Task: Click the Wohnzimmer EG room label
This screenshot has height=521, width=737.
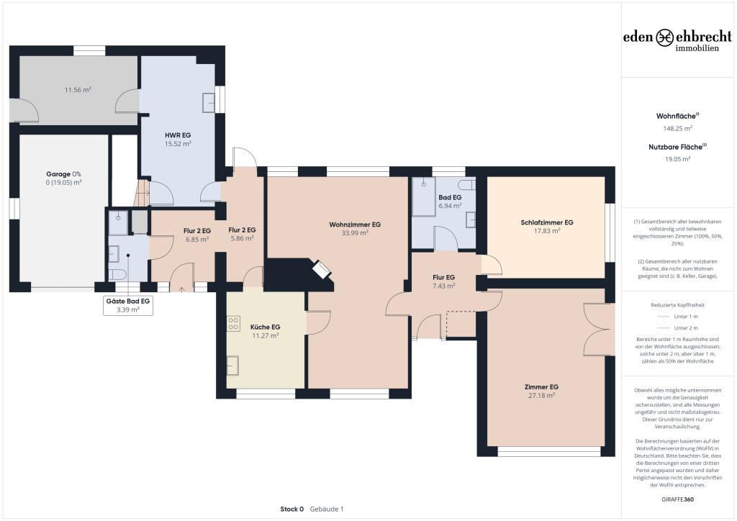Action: point(355,225)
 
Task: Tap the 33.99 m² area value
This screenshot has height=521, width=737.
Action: point(355,233)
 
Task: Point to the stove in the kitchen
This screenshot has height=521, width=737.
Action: point(233,325)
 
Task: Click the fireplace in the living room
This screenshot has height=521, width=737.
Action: point(321,271)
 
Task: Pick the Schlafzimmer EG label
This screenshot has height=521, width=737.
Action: point(547,222)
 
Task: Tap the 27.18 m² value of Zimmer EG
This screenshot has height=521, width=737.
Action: point(541,396)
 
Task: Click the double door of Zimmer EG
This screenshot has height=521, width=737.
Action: point(599,330)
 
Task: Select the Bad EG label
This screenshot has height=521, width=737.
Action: point(450,197)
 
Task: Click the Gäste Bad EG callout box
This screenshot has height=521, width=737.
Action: point(128,306)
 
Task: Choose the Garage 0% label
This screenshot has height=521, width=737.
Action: point(63,174)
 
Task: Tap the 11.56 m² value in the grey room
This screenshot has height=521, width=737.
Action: point(78,90)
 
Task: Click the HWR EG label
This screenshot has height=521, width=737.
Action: point(177,135)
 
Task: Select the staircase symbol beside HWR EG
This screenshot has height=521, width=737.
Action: point(143,194)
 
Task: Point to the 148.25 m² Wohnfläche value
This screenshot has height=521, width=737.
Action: point(677,128)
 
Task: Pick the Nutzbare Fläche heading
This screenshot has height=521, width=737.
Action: point(676,146)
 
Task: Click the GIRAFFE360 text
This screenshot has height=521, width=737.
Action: point(677,499)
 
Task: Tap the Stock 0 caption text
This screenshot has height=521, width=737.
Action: point(292,509)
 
